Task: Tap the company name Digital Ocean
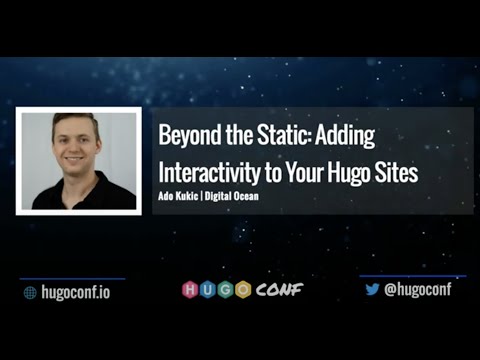click(x=233, y=196)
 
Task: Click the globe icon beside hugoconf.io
click(x=30, y=292)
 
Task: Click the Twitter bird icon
click(x=372, y=290)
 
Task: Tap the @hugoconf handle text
click(x=418, y=290)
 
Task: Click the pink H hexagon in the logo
click(x=191, y=290)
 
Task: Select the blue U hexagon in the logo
click(x=208, y=290)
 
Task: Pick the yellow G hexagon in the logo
click(x=225, y=290)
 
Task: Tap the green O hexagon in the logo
click(x=242, y=290)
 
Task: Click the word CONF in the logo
click(x=276, y=290)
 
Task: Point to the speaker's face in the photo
click(x=76, y=144)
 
